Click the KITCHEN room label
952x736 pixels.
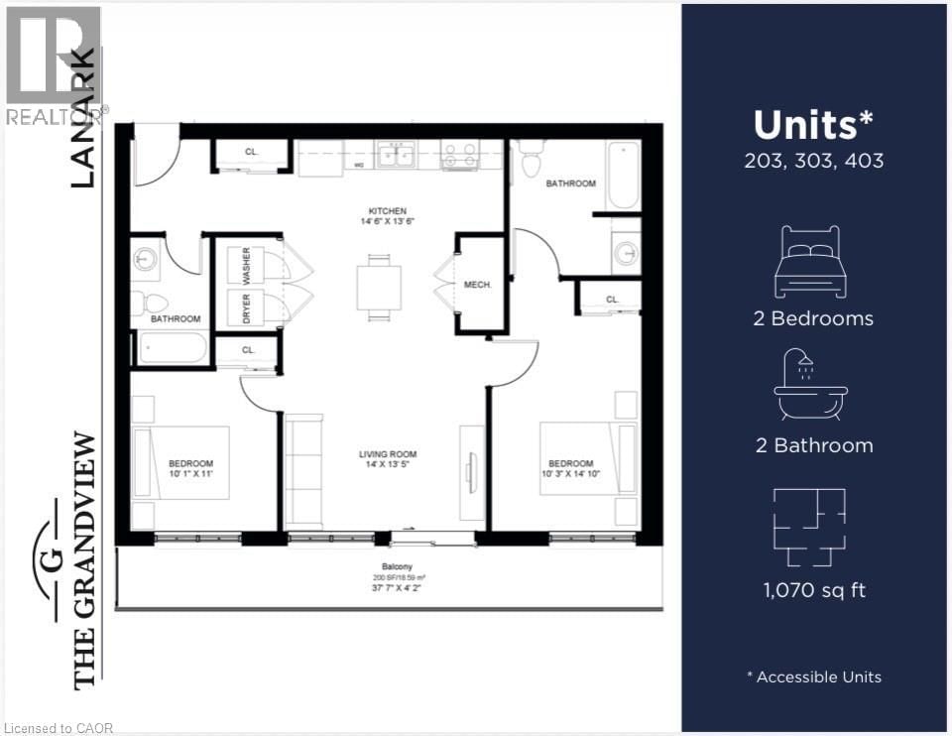pos(388,211)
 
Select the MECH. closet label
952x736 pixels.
pos(479,285)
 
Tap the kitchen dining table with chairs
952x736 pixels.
pos(380,288)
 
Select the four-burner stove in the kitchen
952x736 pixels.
pos(459,156)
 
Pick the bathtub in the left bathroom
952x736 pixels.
pos(173,348)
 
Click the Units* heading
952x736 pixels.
pos(813,125)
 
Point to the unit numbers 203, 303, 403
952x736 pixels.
pos(813,160)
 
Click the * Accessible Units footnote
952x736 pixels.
pos(813,676)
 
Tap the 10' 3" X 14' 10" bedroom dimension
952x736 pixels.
pos(570,474)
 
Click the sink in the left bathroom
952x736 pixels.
pos(146,260)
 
